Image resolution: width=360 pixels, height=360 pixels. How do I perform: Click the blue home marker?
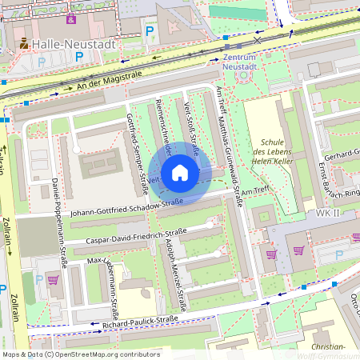pyautogui.click(x=180, y=173)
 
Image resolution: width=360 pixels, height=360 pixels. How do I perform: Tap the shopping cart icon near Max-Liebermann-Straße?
pyautogui.click(x=53, y=280)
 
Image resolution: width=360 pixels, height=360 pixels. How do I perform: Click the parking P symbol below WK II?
pyautogui.click(x=338, y=254)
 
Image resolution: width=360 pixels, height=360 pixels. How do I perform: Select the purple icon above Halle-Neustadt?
pyautogui.click(x=71, y=18)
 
